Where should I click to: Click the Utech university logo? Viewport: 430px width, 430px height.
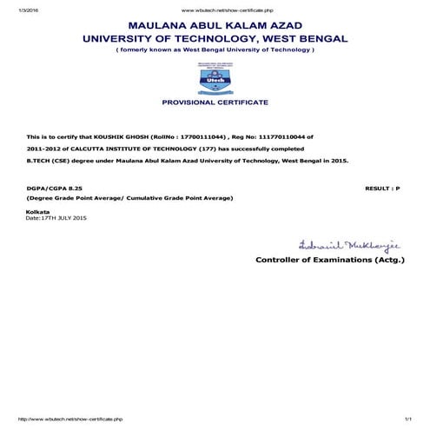pos(215,79)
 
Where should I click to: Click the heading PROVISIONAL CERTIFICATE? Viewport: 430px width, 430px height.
pos(215,103)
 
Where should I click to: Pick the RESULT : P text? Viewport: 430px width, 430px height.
pos(382,187)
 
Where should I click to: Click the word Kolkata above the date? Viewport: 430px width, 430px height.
pos(38,212)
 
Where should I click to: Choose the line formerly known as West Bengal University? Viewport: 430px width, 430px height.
pos(215,50)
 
